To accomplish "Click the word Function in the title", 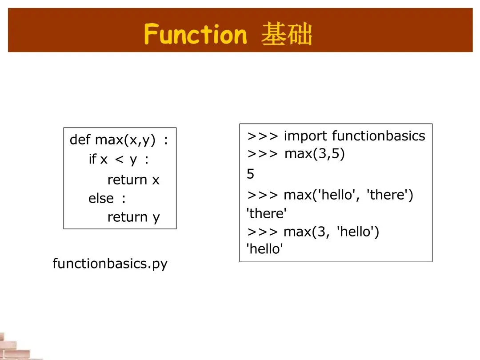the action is coord(196,35).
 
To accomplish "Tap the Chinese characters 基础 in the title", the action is coord(287,35).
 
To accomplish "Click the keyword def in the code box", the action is coord(80,140).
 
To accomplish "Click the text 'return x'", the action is coord(133,180).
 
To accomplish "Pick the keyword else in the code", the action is coord(101,198).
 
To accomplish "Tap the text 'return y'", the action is coord(133,217).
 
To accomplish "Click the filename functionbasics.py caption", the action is coord(110,264).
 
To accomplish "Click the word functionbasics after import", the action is coord(378,136).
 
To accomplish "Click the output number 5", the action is coord(251,174).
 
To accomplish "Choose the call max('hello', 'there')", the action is coord(348,195).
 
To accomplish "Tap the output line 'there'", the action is coord(267,213).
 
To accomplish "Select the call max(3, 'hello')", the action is coord(331,232).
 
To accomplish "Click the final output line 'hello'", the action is coord(265,249).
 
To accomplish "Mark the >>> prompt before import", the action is coord(263,136).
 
